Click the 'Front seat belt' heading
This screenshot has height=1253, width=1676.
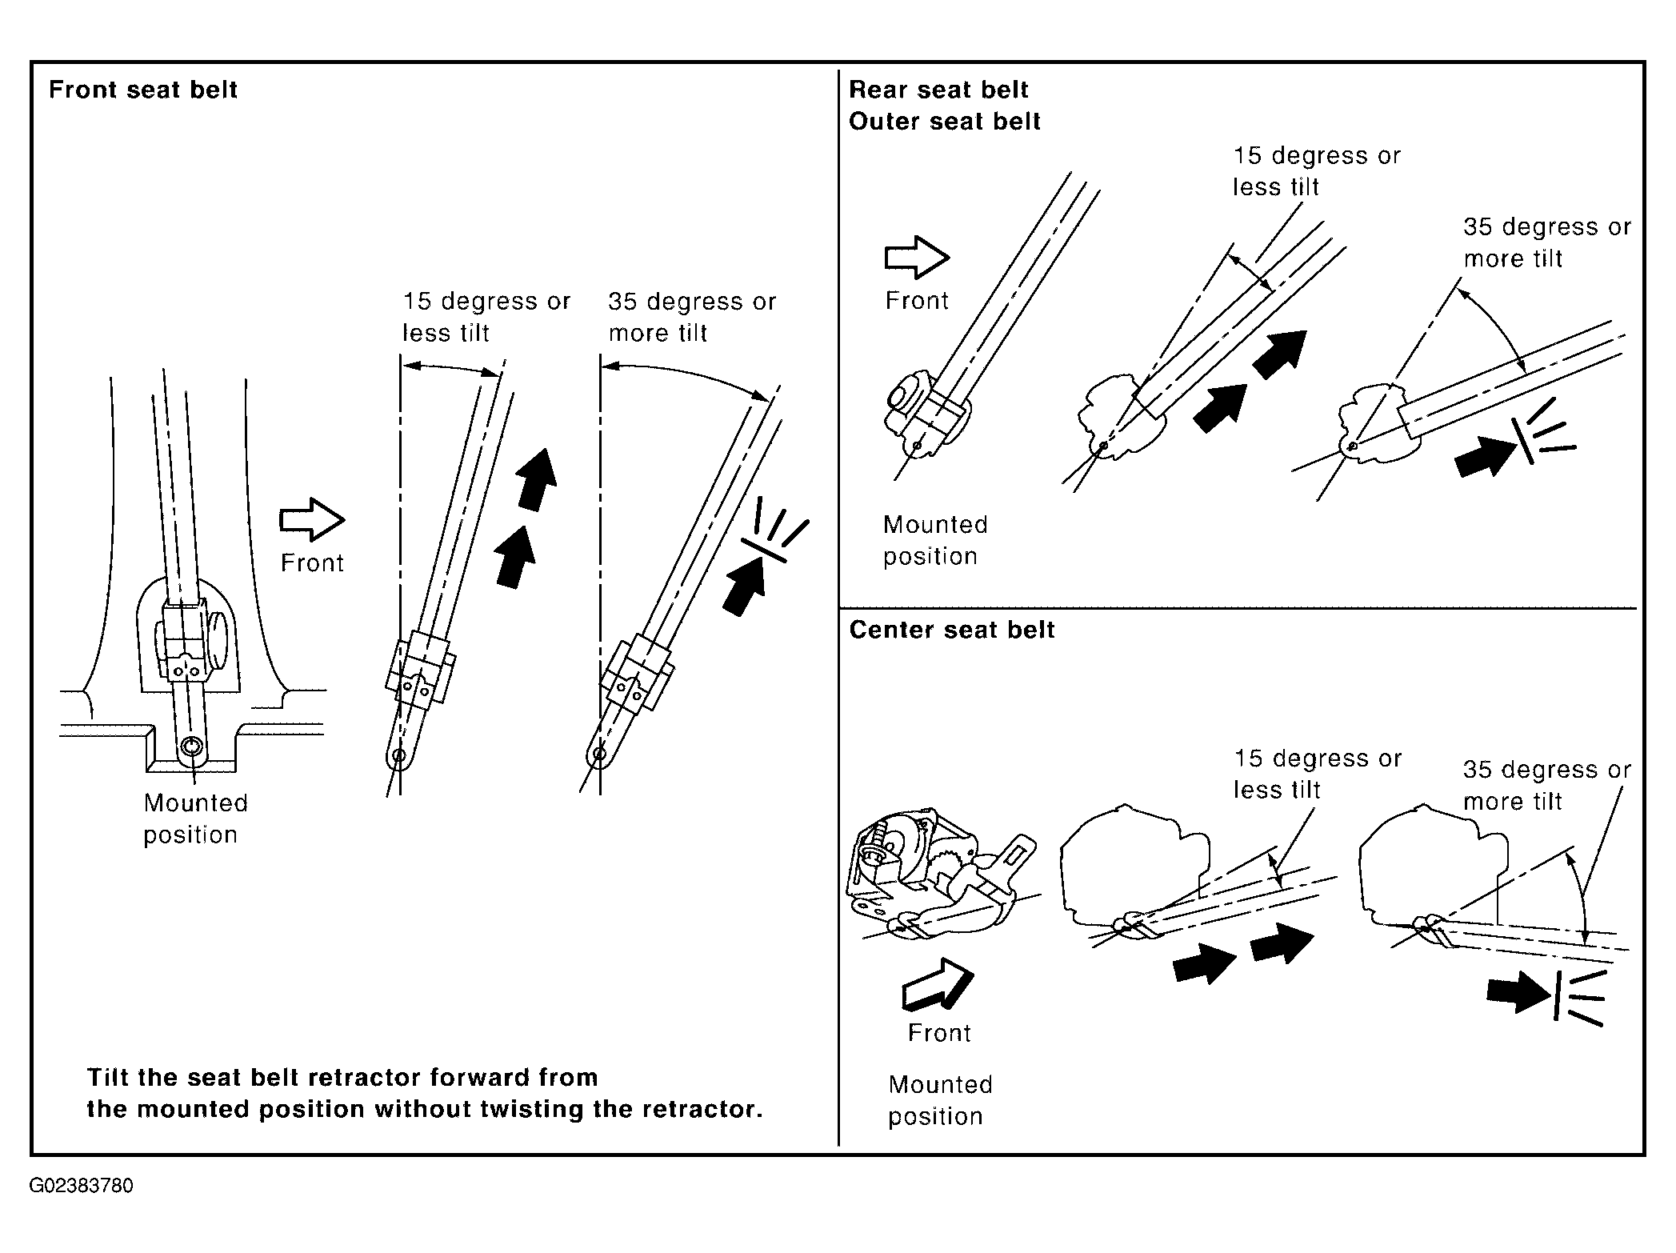(x=143, y=90)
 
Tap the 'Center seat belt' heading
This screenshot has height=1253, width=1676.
(x=952, y=631)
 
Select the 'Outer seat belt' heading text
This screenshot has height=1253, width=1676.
(x=945, y=122)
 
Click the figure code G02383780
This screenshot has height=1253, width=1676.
(x=82, y=1186)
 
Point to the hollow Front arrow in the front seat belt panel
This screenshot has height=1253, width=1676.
(x=312, y=520)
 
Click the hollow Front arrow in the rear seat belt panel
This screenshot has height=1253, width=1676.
(x=917, y=258)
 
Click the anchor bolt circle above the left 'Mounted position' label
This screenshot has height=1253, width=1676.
(x=193, y=747)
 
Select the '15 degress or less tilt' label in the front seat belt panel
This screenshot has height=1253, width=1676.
(x=486, y=317)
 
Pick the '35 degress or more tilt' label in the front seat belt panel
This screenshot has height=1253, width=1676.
(x=692, y=317)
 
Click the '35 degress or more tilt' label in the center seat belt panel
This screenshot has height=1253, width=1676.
(x=1547, y=785)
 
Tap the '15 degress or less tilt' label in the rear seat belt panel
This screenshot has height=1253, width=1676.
(x=1317, y=171)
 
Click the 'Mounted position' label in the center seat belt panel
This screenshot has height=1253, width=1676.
(x=940, y=1101)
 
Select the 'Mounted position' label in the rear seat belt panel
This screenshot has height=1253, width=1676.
(x=935, y=541)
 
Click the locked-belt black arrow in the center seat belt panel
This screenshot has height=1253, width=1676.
(x=1518, y=992)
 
